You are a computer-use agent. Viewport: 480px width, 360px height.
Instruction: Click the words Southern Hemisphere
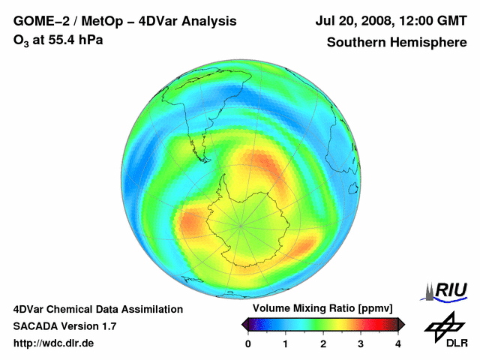point(397,43)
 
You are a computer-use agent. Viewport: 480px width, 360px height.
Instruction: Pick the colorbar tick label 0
point(248,343)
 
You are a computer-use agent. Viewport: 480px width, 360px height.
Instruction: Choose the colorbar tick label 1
point(286,343)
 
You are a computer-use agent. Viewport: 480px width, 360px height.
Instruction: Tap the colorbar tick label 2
point(323,343)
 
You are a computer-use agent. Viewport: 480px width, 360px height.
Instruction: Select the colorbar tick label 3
point(361,343)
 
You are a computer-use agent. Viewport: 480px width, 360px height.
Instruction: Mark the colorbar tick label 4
point(398,343)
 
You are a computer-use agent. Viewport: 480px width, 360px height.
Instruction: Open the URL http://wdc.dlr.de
point(54,343)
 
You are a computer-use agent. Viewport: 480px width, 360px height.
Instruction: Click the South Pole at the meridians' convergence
point(240,224)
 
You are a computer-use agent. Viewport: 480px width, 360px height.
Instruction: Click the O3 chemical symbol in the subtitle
point(20,40)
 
